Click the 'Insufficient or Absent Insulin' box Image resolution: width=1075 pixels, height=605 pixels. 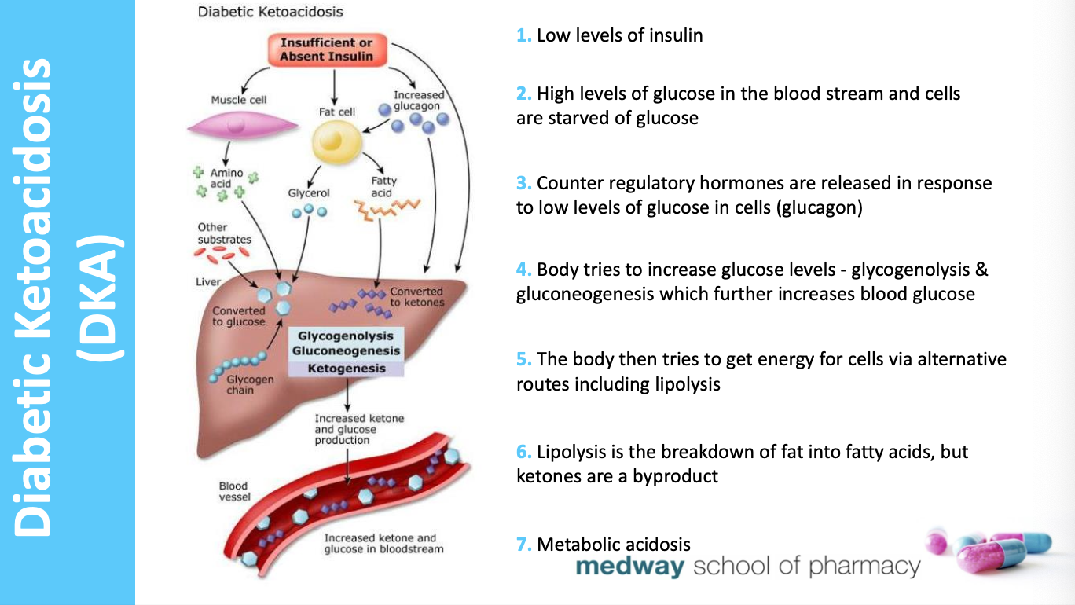tap(326, 49)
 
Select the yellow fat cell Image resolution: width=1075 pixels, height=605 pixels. tap(336, 142)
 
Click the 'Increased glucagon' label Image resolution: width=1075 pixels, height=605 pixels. tap(418, 100)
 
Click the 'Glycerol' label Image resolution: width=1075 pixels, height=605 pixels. tap(309, 193)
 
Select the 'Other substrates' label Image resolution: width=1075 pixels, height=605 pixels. tap(225, 233)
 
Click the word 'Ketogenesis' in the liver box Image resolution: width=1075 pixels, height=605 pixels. tap(346, 368)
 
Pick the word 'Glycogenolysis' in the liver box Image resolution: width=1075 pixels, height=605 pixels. tap(346, 335)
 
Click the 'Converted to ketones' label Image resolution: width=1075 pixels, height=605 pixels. tap(416, 297)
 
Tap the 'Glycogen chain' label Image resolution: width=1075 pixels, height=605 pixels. tap(250, 384)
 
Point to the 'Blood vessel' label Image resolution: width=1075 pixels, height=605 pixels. tap(233, 492)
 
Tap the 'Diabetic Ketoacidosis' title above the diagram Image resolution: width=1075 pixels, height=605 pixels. tap(270, 13)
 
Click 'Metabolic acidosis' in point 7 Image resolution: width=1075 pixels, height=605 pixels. tap(614, 544)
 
